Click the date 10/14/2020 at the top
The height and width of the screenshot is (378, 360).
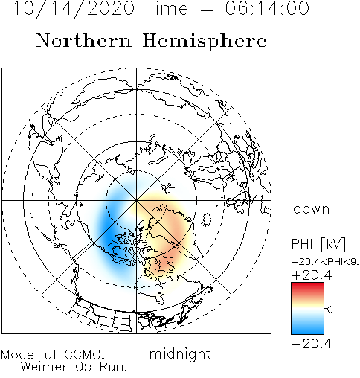point(74,9)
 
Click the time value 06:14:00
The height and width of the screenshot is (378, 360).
point(267,8)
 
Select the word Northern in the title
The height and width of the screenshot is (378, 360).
point(84,41)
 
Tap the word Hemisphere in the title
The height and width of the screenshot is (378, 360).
point(205,42)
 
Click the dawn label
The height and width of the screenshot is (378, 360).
point(312,209)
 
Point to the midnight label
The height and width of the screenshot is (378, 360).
point(180,353)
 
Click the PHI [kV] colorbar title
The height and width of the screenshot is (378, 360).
point(318,244)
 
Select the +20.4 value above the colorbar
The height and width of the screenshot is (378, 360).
point(312,275)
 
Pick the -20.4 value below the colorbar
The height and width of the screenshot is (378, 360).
point(312,344)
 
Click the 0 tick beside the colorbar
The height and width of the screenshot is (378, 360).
point(330,310)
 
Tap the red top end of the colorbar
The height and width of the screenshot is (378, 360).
point(307,285)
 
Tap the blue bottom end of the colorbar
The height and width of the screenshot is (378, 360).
point(307,331)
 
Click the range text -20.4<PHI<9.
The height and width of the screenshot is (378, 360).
point(325,262)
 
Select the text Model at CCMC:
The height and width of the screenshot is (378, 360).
point(53,355)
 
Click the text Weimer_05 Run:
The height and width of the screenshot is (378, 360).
point(74,367)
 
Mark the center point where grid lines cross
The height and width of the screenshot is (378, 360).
point(136,200)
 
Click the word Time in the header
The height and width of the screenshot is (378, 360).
point(167,8)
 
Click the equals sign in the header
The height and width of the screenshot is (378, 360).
point(206,9)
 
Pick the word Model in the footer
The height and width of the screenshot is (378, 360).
point(19,355)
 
